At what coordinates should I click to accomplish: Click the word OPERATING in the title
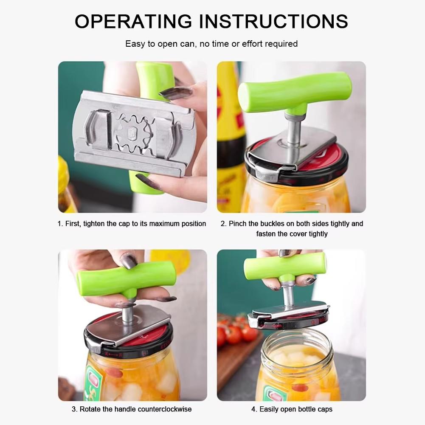pyautogui.click(x=133, y=21)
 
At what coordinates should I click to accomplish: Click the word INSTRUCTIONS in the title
pyautogui.click(x=273, y=21)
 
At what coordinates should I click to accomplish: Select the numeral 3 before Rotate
pyautogui.click(x=74, y=409)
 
